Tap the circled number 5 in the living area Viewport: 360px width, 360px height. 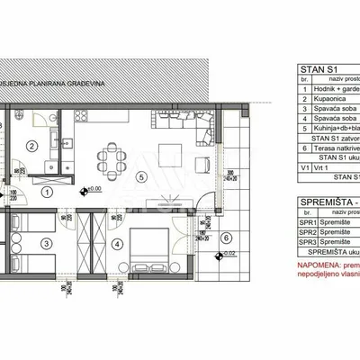pos(141,175)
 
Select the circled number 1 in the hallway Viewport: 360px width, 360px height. pos(49,190)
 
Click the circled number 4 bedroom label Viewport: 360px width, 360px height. pos(115,241)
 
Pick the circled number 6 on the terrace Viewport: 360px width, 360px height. pos(226,238)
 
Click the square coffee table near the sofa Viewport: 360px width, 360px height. pos(171,150)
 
